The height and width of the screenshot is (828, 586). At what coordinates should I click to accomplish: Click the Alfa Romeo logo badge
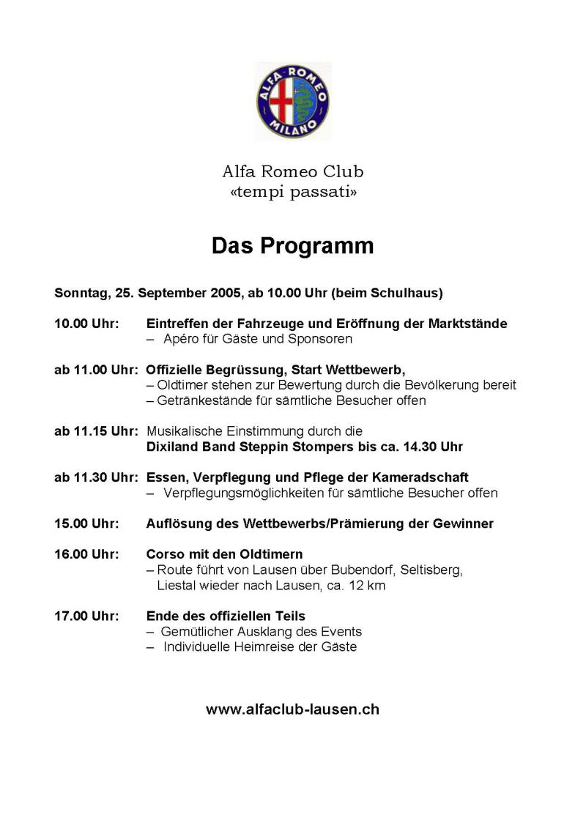coord(293,100)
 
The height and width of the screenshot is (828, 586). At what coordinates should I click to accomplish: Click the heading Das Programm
coord(293,246)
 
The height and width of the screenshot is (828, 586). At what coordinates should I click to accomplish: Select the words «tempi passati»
coord(293,192)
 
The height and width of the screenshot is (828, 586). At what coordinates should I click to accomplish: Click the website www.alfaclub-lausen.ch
coord(293,709)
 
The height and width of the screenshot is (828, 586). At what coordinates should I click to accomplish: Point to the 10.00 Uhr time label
coord(86,324)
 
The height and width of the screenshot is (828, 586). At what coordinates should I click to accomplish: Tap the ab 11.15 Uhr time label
coord(96,431)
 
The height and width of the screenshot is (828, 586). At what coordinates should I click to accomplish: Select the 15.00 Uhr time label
coord(86,523)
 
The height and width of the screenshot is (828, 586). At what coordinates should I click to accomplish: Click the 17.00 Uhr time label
coord(86,616)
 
